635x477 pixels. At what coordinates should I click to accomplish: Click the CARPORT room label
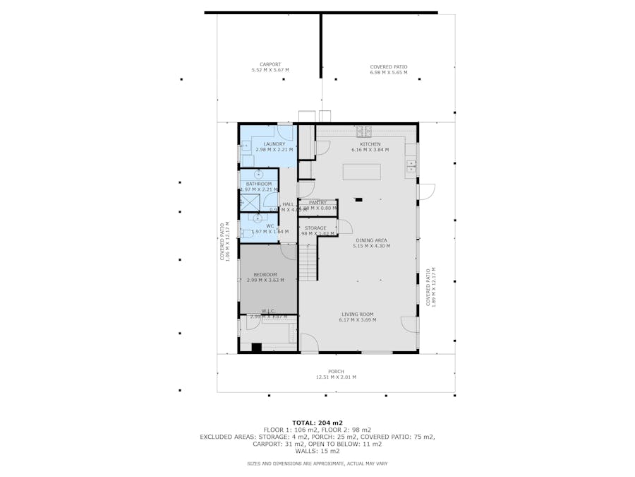click(270, 64)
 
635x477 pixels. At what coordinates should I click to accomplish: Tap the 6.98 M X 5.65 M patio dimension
click(389, 72)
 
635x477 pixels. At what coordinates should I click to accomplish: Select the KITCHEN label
click(370, 144)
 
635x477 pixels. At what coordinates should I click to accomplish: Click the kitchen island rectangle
click(361, 172)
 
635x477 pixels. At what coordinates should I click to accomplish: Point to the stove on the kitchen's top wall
click(364, 131)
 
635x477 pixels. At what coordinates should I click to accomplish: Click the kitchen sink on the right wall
click(411, 167)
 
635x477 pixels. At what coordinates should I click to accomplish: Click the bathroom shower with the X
click(248, 202)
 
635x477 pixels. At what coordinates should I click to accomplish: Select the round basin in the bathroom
click(258, 174)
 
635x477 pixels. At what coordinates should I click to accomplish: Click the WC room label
click(270, 226)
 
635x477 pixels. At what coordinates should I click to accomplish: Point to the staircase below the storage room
click(308, 260)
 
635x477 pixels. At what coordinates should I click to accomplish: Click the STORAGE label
click(315, 228)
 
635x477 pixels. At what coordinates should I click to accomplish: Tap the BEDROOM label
click(265, 274)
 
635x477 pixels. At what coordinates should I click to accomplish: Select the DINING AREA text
click(370, 240)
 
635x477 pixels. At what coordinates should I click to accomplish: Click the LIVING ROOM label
click(358, 314)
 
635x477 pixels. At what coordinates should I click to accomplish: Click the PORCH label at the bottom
click(336, 372)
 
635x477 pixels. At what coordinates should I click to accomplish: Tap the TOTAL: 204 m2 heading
click(317, 423)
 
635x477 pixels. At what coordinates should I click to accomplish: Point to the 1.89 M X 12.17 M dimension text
click(433, 286)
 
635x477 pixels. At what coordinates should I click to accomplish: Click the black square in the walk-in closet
click(257, 346)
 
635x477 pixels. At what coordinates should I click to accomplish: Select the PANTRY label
click(317, 203)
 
